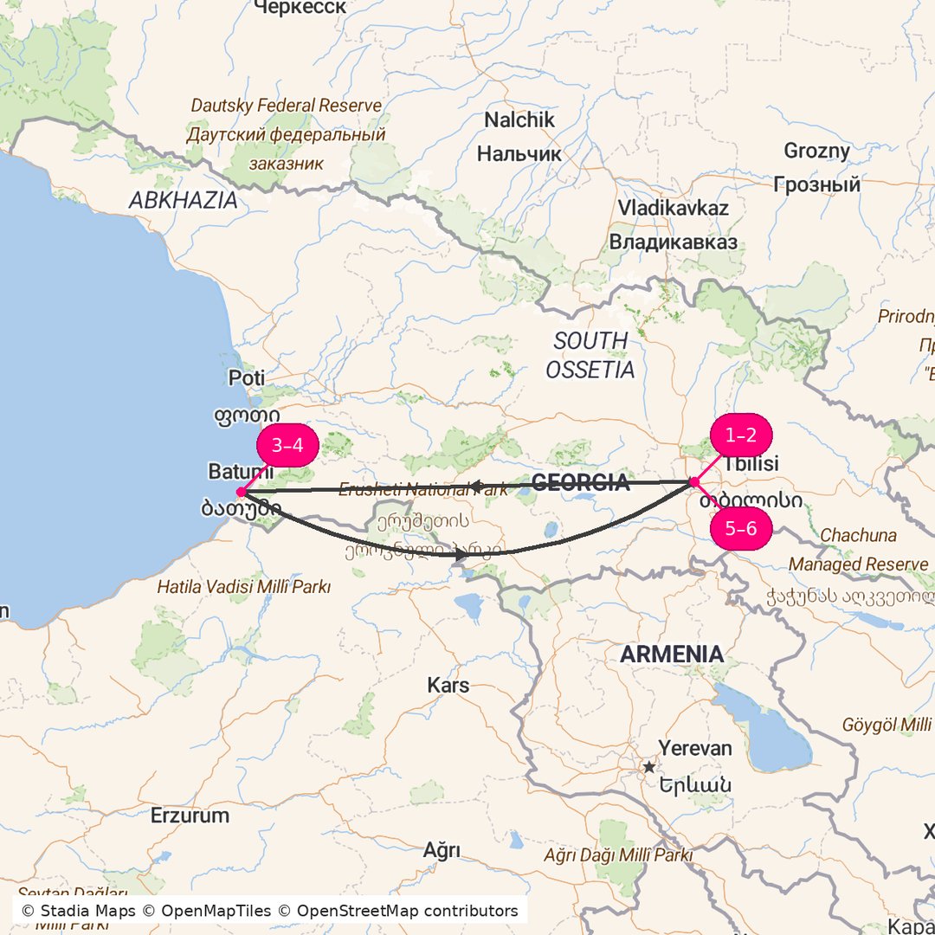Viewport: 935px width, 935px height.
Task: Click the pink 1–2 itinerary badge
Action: pyautogui.click(x=740, y=435)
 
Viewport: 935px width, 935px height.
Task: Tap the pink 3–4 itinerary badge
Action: pyautogui.click(x=288, y=446)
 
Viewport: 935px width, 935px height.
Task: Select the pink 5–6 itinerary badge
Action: pyautogui.click(x=740, y=528)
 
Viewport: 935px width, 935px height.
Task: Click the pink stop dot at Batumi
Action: pyautogui.click(x=241, y=493)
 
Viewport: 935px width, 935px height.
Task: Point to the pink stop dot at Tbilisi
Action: pyautogui.click(x=694, y=482)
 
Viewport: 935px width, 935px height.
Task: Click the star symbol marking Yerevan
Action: pyautogui.click(x=648, y=767)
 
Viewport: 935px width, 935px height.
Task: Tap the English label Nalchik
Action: pyautogui.click(x=519, y=120)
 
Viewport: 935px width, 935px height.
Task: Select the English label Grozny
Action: pyautogui.click(x=817, y=151)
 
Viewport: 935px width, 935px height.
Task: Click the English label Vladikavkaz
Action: pyautogui.click(x=673, y=209)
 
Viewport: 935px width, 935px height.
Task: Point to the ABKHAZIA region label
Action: pyautogui.click(x=183, y=201)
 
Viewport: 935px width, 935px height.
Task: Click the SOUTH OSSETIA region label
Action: pyautogui.click(x=590, y=356)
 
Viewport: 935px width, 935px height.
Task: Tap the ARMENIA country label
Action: pyautogui.click(x=672, y=654)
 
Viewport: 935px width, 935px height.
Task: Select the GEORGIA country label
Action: pyautogui.click(x=580, y=483)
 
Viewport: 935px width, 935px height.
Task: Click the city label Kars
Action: pyautogui.click(x=448, y=686)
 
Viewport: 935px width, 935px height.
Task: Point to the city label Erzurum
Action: pyautogui.click(x=190, y=816)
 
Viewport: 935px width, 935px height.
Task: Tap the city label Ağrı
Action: pyautogui.click(x=442, y=850)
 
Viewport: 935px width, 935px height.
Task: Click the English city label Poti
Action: pyautogui.click(x=247, y=378)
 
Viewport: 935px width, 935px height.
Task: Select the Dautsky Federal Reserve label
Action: pyautogui.click(x=286, y=106)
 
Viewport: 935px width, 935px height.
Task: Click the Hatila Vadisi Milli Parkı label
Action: pyautogui.click(x=243, y=587)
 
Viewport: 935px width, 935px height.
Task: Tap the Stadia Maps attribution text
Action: pyautogui.click(x=78, y=911)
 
